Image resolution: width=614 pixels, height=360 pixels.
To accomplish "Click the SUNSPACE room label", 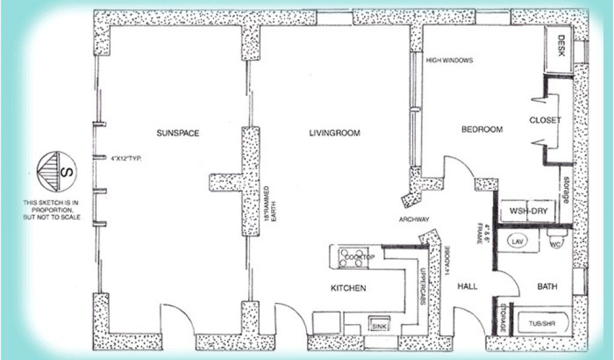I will (x=177, y=133).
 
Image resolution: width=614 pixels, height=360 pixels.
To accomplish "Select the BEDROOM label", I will (x=481, y=130).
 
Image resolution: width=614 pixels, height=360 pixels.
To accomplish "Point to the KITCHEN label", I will (x=348, y=289).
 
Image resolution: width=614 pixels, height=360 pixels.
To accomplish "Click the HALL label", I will (x=468, y=286).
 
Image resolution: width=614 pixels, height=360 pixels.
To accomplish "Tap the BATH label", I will (x=547, y=287).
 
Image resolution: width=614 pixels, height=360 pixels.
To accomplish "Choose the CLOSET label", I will (x=545, y=120).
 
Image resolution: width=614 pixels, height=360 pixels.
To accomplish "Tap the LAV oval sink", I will (x=516, y=241).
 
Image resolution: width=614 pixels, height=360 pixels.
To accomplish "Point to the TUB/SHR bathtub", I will (x=541, y=324).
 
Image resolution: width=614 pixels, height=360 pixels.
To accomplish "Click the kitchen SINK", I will (x=379, y=326).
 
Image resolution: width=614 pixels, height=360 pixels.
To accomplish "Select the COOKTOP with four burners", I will (x=358, y=257).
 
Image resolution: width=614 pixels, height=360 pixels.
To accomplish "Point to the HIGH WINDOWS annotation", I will (x=450, y=61).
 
